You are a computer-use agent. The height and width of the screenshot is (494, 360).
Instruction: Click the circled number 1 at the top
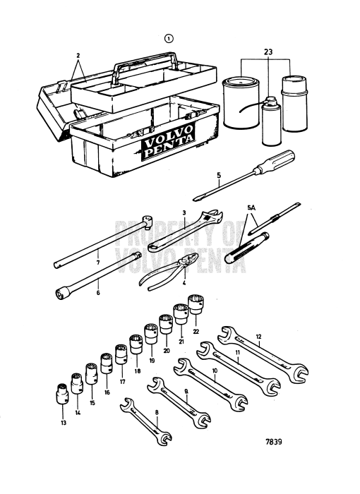coord(169,40)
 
